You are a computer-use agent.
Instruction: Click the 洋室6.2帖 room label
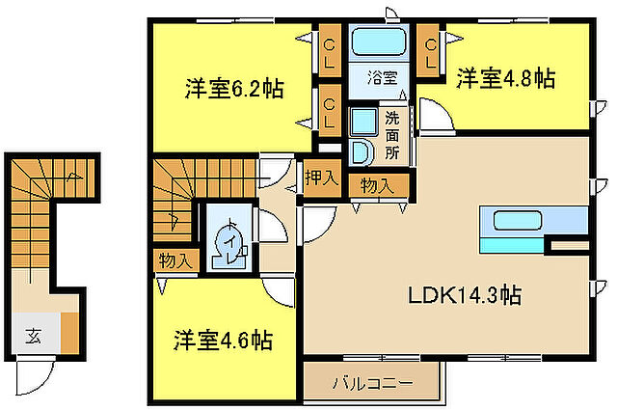pos(234,90)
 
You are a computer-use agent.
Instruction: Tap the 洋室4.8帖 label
pos(505,76)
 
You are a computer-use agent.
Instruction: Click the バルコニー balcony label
pos(372,383)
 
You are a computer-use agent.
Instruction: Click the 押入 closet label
pos(321,178)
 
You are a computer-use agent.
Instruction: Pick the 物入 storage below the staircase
pos(174,260)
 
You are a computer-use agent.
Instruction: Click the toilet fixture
pos(229,241)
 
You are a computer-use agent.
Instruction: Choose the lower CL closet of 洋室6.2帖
pos(330,111)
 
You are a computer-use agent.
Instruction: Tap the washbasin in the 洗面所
pos(362,151)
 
